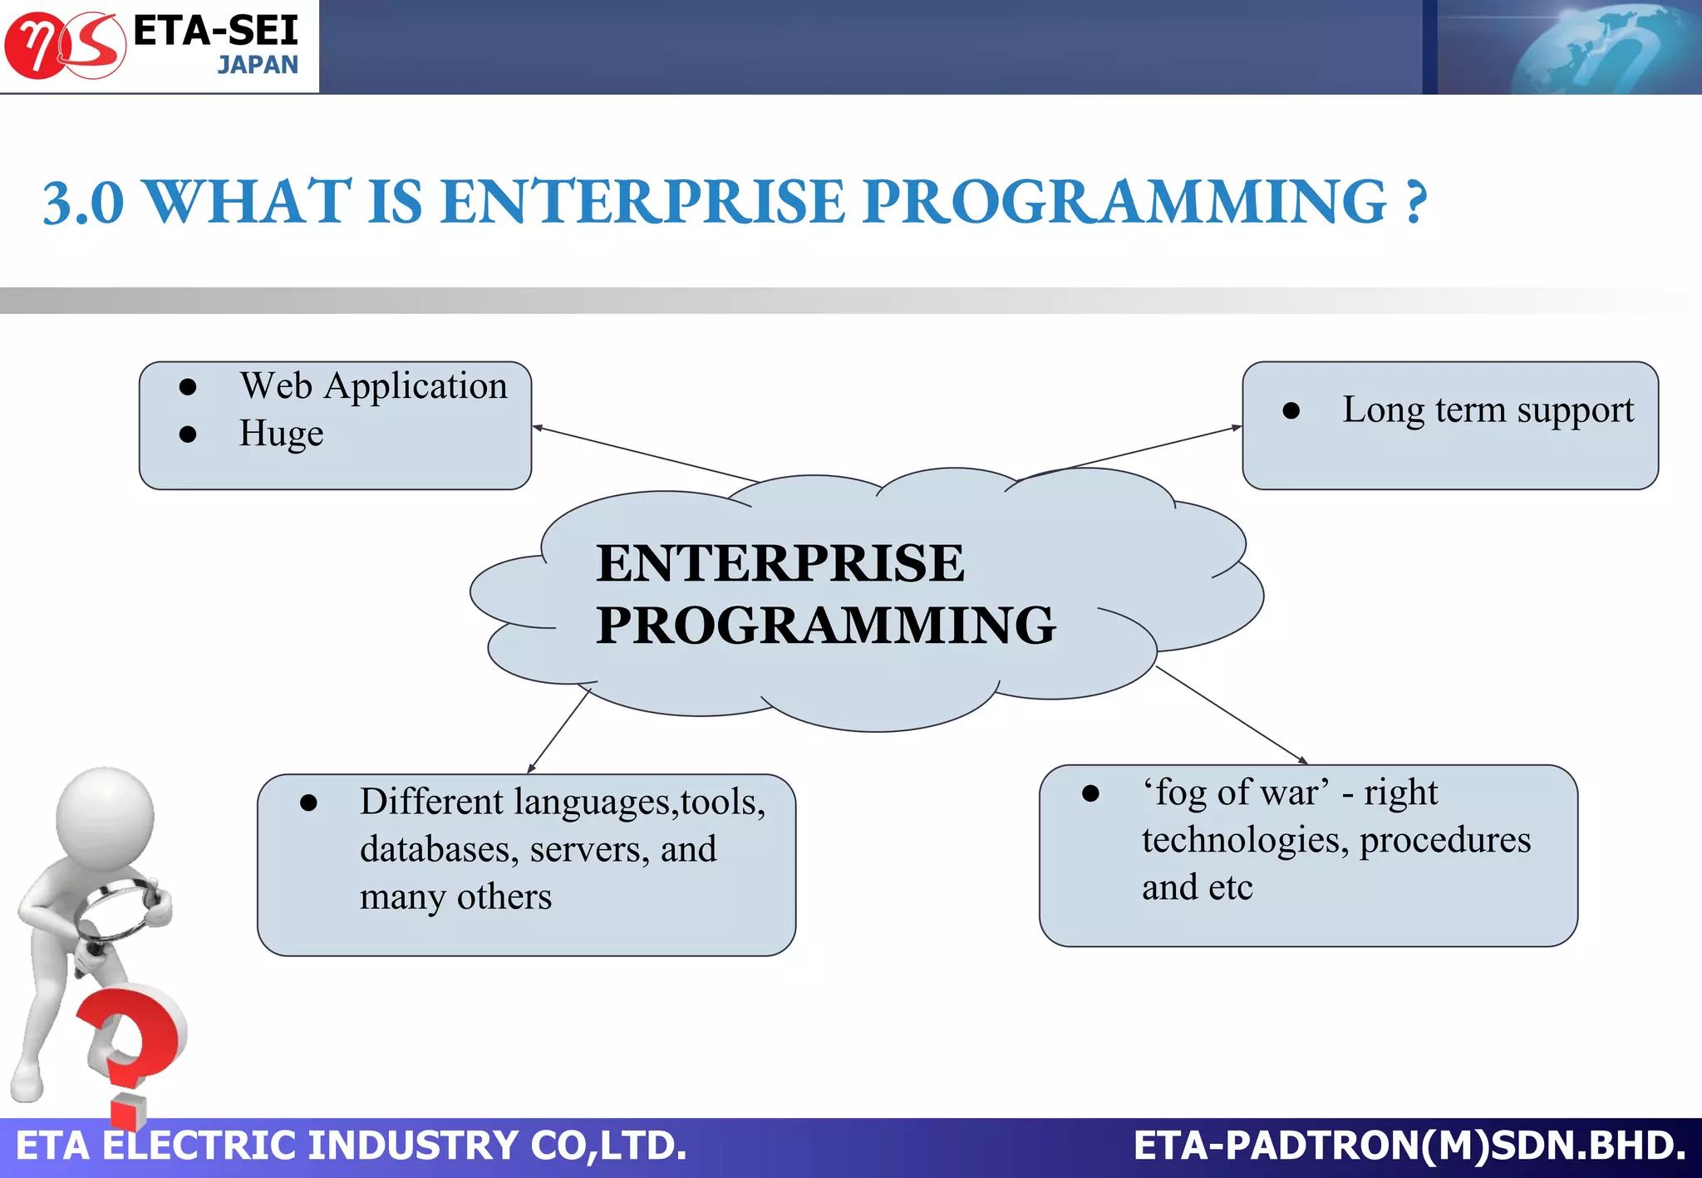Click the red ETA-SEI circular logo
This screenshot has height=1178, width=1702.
pyautogui.click(x=65, y=46)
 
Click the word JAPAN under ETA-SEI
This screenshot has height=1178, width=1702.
pyautogui.click(x=258, y=65)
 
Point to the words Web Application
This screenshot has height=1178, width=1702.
pyautogui.click(x=373, y=386)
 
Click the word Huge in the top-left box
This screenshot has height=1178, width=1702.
pyautogui.click(x=281, y=434)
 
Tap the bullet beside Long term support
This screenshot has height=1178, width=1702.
pyautogui.click(x=1291, y=410)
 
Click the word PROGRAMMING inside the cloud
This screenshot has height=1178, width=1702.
pyautogui.click(x=825, y=626)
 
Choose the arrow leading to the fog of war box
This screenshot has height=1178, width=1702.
pyautogui.click(x=1230, y=714)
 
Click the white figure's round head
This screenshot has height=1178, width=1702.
pyautogui.click(x=105, y=816)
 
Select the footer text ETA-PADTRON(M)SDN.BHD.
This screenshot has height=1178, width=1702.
pyautogui.click(x=1409, y=1146)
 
